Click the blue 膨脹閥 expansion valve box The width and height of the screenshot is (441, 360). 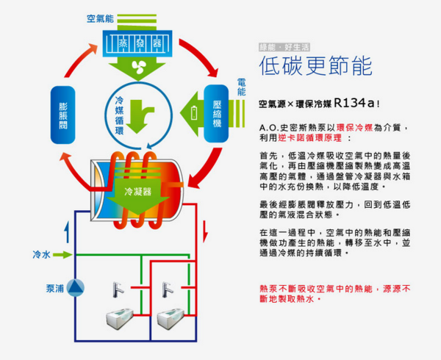click(63, 115)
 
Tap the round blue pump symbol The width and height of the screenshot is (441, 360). click(74, 289)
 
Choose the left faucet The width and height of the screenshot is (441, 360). click(117, 289)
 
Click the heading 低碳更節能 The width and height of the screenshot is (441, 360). click(316, 67)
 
